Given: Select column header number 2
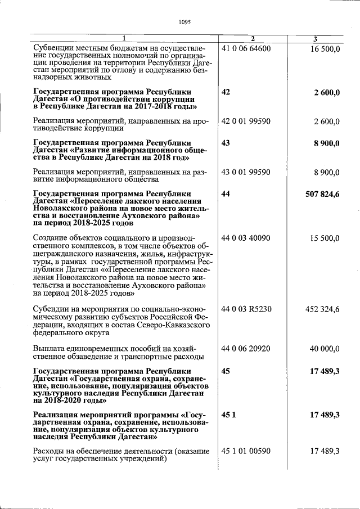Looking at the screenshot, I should (253, 39).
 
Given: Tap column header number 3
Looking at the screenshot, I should (315, 39).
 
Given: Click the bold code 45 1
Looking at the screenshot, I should (227, 415).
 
